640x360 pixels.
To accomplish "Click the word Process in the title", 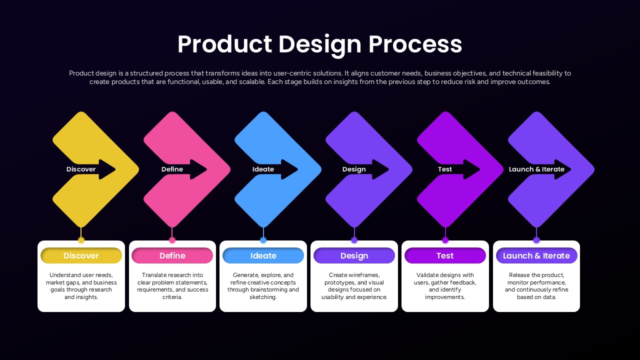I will (415, 44).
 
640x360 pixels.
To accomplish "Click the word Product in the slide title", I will (224, 44).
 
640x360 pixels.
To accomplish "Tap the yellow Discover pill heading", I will (81, 255).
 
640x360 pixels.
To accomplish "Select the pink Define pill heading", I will (172, 255).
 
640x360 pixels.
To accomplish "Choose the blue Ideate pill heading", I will (263, 255).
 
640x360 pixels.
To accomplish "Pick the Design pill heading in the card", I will (354, 255).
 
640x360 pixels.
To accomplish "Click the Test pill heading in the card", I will (445, 255).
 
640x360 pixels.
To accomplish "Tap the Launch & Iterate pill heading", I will (536, 255).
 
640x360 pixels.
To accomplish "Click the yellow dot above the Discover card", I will (81, 240).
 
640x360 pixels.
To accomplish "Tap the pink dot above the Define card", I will (172, 240).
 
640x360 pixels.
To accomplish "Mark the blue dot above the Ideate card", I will (263, 240).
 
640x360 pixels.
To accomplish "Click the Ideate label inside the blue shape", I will (263, 169).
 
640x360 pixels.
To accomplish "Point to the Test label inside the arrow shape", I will (445, 169).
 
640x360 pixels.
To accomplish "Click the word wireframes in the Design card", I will (363, 275).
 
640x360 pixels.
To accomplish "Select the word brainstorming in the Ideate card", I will (271, 289).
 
